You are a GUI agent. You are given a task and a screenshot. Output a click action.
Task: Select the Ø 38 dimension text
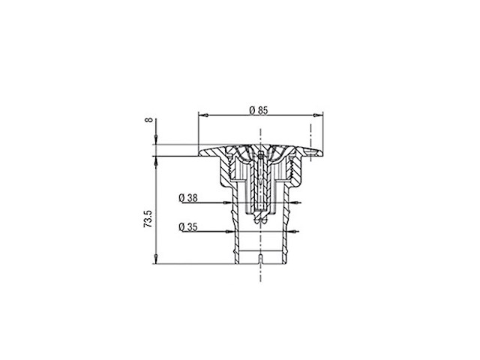[188, 198]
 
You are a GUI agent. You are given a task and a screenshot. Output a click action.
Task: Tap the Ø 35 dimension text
[188, 226]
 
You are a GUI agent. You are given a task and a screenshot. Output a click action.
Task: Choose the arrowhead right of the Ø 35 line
[295, 231]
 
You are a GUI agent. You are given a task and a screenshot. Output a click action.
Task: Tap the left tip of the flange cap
[199, 154]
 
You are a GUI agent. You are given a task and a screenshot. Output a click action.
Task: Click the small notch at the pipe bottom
[260, 259]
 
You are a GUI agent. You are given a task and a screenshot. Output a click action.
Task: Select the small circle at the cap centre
[260, 155]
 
